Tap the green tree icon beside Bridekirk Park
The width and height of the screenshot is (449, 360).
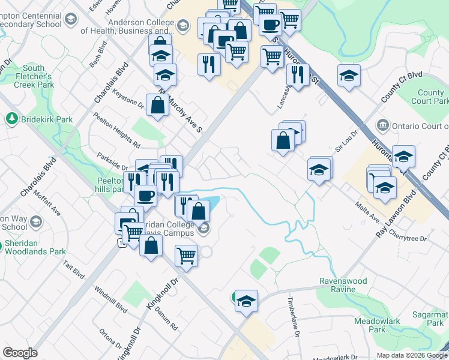point(11,119)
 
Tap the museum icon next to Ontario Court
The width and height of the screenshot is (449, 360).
point(382,125)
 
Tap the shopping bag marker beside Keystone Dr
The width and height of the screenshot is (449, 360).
point(157,106)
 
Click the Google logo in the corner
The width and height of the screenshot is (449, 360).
point(20,353)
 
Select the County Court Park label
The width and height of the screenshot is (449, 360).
point(430,97)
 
